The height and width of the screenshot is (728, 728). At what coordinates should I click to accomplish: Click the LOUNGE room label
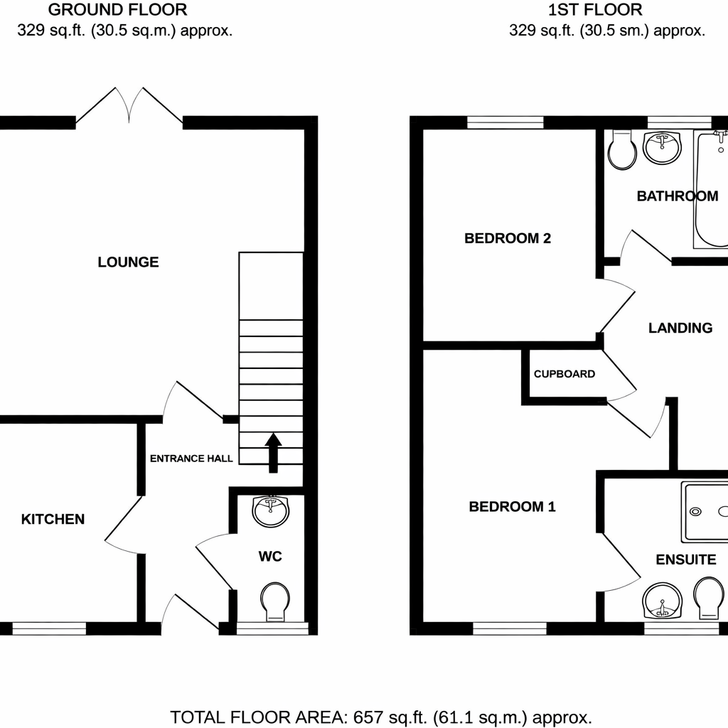(x=128, y=262)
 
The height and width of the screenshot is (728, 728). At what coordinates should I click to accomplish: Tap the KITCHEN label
(x=53, y=519)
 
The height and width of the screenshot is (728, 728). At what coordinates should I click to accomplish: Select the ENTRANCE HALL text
(x=191, y=459)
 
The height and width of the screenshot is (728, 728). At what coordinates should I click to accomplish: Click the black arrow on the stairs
(x=273, y=452)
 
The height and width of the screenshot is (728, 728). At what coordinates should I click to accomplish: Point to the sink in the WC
(x=271, y=511)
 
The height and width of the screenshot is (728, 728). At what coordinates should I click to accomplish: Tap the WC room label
(x=270, y=556)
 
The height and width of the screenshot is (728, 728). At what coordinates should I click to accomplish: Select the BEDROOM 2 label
(x=508, y=238)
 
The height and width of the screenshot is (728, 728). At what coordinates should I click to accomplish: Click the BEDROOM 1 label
(x=512, y=507)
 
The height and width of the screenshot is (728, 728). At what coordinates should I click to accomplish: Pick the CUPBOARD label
(x=564, y=374)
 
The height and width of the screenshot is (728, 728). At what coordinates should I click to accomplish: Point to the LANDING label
(x=680, y=328)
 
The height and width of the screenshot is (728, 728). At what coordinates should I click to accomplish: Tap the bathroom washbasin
(x=663, y=147)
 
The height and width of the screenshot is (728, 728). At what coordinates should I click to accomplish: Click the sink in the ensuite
(x=663, y=601)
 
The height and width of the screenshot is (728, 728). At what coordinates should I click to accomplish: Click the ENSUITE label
(x=685, y=560)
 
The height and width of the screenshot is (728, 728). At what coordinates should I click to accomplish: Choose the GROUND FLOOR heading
(x=118, y=10)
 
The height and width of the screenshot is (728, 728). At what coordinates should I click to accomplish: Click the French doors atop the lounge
(x=129, y=107)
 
